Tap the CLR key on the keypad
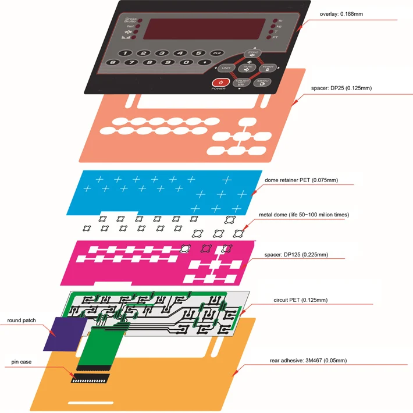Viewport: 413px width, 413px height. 217,53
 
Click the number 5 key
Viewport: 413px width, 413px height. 198,52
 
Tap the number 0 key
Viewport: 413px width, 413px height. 186,62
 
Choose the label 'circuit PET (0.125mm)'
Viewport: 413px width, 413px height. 300,300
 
